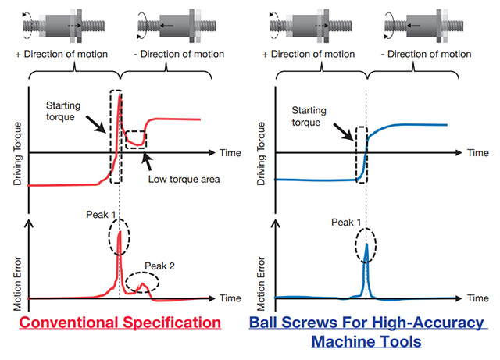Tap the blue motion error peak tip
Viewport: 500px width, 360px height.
click(x=366, y=244)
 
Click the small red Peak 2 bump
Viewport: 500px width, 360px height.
click(x=142, y=286)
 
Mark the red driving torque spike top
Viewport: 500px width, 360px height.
click(x=120, y=99)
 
